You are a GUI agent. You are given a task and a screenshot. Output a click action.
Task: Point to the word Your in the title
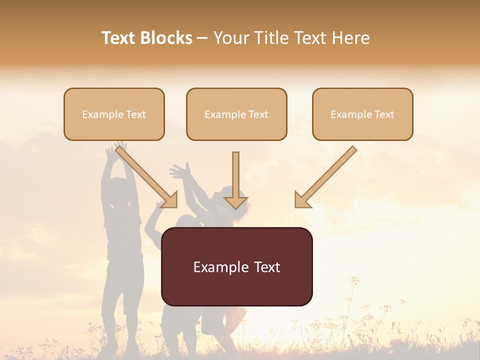point(231,38)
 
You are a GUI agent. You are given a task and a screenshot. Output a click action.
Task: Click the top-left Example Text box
point(114,114)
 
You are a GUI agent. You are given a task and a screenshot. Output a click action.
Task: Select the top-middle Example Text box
point(236,114)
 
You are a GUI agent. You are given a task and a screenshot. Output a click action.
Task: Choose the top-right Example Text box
point(362,114)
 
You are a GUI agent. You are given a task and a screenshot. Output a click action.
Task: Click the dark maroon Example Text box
point(236,266)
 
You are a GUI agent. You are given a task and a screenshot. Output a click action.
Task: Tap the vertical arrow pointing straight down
point(235,180)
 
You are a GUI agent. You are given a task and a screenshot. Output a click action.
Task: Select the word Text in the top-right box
point(384,114)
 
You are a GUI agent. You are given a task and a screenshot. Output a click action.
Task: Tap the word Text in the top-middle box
point(258,114)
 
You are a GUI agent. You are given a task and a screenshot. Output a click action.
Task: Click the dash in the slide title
point(203,38)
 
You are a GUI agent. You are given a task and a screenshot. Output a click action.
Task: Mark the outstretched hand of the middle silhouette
point(178,171)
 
